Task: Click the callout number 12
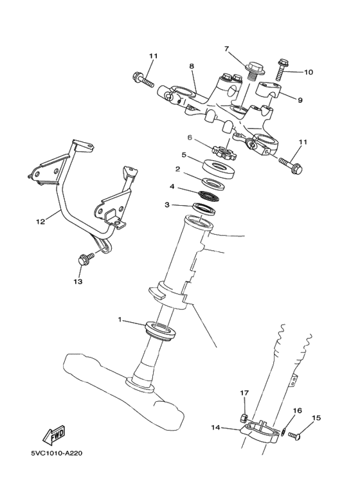pos(40,222)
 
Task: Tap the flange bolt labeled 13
pos(83,259)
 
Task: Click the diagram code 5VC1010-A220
pos(56,452)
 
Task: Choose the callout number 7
pos(226,48)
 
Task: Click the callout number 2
pos(177,169)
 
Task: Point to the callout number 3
pos(167,205)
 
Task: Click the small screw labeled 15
pos(294,437)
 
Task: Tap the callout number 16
pos(298,410)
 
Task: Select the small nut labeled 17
pos(244,417)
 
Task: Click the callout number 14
pos(215,426)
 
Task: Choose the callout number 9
pos(300,100)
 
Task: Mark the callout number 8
pos(192,66)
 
